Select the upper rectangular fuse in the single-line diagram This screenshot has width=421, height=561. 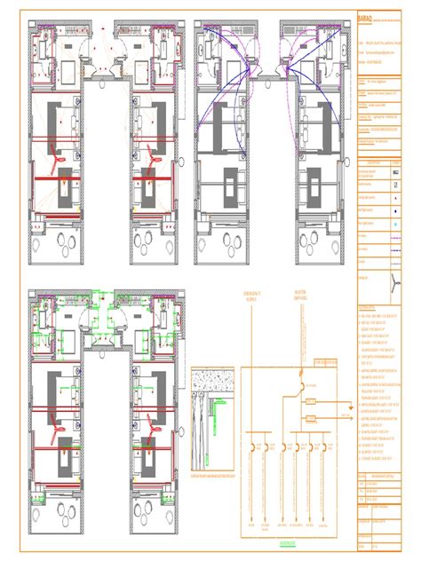[310, 402]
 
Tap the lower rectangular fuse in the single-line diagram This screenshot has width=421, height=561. [310, 416]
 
